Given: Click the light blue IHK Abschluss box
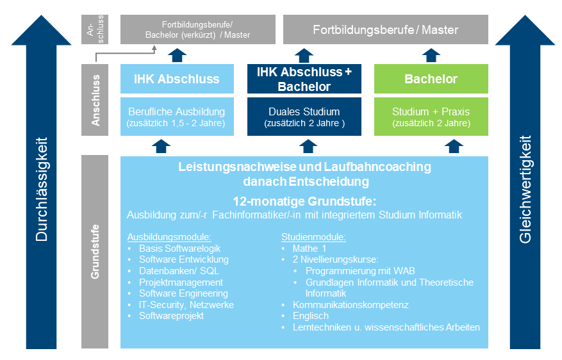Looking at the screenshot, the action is tap(177, 79).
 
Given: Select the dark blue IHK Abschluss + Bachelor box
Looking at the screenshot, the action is tap(304, 79).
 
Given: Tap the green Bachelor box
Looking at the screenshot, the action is tap(431, 79).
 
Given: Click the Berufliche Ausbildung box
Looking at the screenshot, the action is tap(177, 117).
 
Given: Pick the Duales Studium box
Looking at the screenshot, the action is tap(304, 117).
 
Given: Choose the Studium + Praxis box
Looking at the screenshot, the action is tap(431, 117).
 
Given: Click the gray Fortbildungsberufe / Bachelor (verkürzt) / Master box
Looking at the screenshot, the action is tap(198, 29).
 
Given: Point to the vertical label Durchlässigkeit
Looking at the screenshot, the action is tap(42, 189).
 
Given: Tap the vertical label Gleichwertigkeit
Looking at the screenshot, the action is tap(525, 189).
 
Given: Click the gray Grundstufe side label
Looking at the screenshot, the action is tap(95, 252).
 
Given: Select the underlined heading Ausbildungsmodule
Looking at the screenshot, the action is tap(169, 237).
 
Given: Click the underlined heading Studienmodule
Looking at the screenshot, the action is tap(313, 237).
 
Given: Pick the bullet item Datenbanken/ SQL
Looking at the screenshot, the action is tap(179, 271).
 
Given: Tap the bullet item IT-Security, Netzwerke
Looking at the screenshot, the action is tap(186, 305).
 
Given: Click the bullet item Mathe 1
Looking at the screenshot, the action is tap(310, 249).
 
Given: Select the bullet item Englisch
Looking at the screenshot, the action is tap(311, 316).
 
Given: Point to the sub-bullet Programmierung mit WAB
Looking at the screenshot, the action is tap(360, 271).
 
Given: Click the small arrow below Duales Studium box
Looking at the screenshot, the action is tap(308, 146).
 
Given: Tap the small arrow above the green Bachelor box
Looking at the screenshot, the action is tap(431, 55).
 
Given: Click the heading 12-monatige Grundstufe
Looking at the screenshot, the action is tap(304, 201).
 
